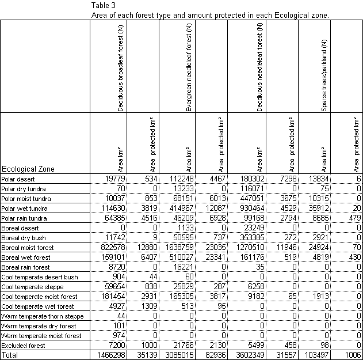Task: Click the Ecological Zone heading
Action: (x=29, y=169)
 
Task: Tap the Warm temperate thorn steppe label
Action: (x=43, y=316)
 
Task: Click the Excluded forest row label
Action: (x=24, y=345)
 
